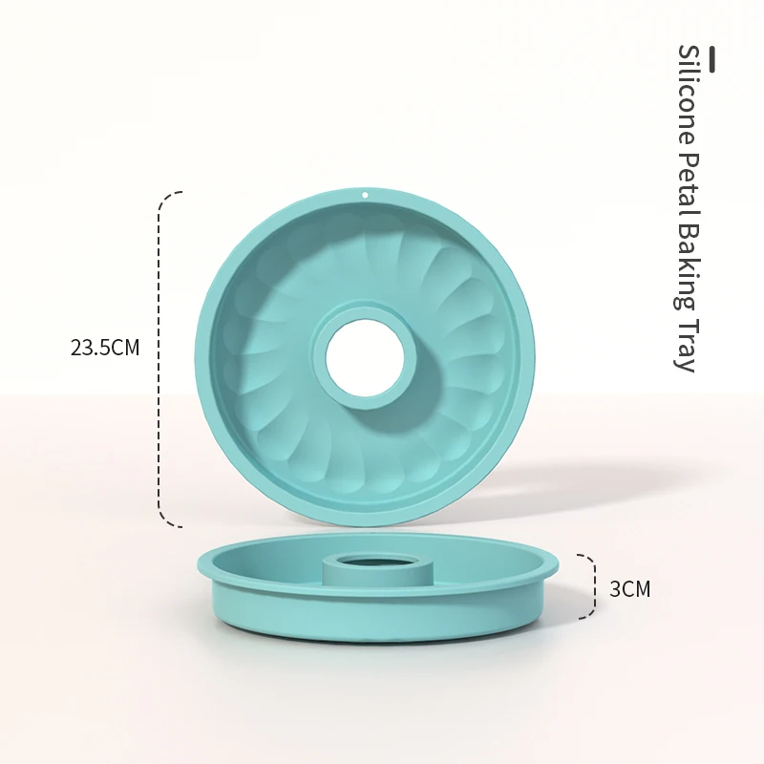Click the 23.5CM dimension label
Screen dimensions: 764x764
coord(105,348)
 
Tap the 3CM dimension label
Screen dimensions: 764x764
coord(629,589)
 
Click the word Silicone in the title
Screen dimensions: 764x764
coord(686,95)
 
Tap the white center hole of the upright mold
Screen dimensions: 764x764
coord(365,358)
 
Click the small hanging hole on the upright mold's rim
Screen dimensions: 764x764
coord(364,195)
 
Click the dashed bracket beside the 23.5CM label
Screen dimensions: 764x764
coord(163,358)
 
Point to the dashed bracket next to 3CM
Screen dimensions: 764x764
coord(589,588)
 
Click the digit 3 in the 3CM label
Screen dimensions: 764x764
coord(616,589)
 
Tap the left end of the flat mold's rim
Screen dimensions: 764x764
coord(199,563)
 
